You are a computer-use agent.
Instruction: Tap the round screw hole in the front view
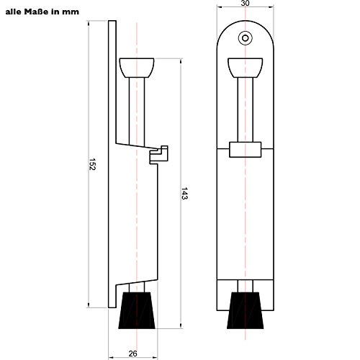[x=246, y=37]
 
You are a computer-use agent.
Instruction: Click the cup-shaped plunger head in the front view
[x=246, y=69]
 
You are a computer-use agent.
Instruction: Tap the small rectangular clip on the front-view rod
[x=245, y=149]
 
